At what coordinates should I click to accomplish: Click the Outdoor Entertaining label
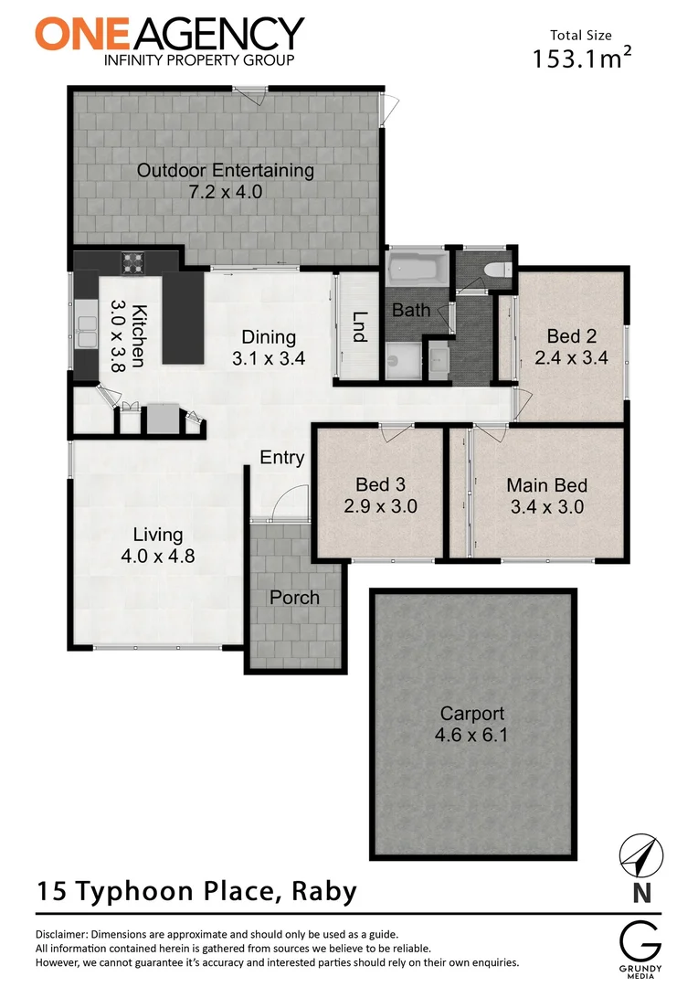[225, 171]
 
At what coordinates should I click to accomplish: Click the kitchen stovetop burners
[133, 263]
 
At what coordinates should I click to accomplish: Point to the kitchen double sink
[86, 331]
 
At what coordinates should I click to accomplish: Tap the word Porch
[294, 598]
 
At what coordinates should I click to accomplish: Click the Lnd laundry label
[358, 326]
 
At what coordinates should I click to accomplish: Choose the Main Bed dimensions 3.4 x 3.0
[546, 506]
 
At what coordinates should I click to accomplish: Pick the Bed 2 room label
[571, 335]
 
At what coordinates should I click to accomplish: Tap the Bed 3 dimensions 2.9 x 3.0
[380, 505]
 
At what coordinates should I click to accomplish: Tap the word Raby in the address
[323, 890]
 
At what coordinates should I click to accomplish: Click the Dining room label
[269, 336]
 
